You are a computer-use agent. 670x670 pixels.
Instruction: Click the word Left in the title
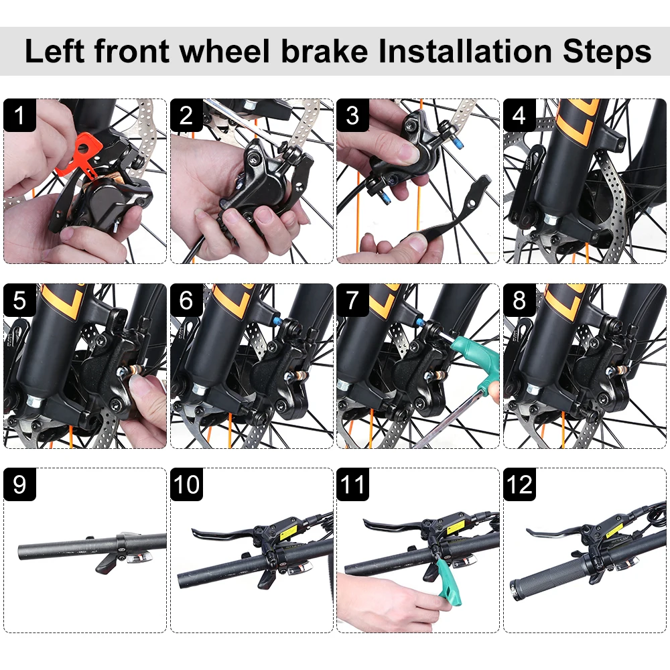pyautogui.click(x=54, y=52)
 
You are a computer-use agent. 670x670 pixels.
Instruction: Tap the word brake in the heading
pyautogui.click(x=324, y=52)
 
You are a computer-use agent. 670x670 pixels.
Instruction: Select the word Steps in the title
pyautogui.click(x=607, y=52)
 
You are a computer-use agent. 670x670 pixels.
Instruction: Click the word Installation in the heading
pyautogui.click(x=465, y=52)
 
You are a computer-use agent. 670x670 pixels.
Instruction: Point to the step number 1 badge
pyautogui.click(x=19, y=115)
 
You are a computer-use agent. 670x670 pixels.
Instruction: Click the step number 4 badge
pyautogui.click(x=520, y=115)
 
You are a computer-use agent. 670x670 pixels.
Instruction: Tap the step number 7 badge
pyautogui.click(x=353, y=300)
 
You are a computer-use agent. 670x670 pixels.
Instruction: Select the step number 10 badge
pyautogui.click(x=186, y=484)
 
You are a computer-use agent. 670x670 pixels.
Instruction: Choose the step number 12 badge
pyautogui.click(x=520, y=484)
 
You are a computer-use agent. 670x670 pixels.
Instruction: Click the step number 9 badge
pyautogui.click(x=19, y=484)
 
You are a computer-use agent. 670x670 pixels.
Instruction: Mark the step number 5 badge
pyautogui.click(x=19, y=300)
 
